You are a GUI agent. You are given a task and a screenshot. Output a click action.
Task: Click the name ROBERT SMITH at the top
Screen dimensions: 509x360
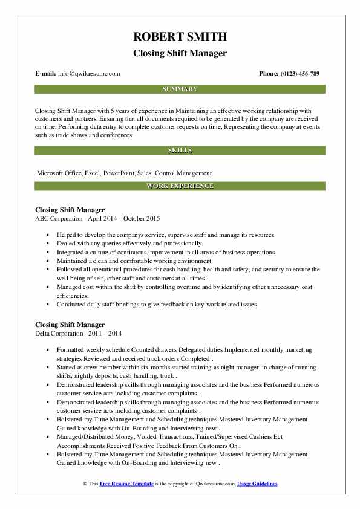pyautogui.click(x=180, y=37)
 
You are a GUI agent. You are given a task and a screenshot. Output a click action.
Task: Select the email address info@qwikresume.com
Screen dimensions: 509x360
pyautogui.click(x=89, y=74)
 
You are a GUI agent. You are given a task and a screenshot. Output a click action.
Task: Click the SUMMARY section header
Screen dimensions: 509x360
pyautogui.click(x=180, y=89)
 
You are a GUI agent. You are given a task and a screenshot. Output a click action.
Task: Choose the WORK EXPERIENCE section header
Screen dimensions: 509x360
pyautogui.click(x=180, y=186)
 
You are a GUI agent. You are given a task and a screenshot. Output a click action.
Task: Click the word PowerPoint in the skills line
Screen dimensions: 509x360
pyautogui.click(x=120, y=173)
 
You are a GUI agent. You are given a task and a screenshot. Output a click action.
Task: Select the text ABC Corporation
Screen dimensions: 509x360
pyautogui.click(x=62, y=218)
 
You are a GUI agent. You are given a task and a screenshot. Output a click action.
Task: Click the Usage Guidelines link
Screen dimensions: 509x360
pyautogui.click(x=257, y=484)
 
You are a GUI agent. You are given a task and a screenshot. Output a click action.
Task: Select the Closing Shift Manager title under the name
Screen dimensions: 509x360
pyautogui.click(x=180, y=53)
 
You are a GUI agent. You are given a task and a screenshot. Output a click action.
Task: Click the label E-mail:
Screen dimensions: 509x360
pyautogui.click(x=46, y=74)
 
